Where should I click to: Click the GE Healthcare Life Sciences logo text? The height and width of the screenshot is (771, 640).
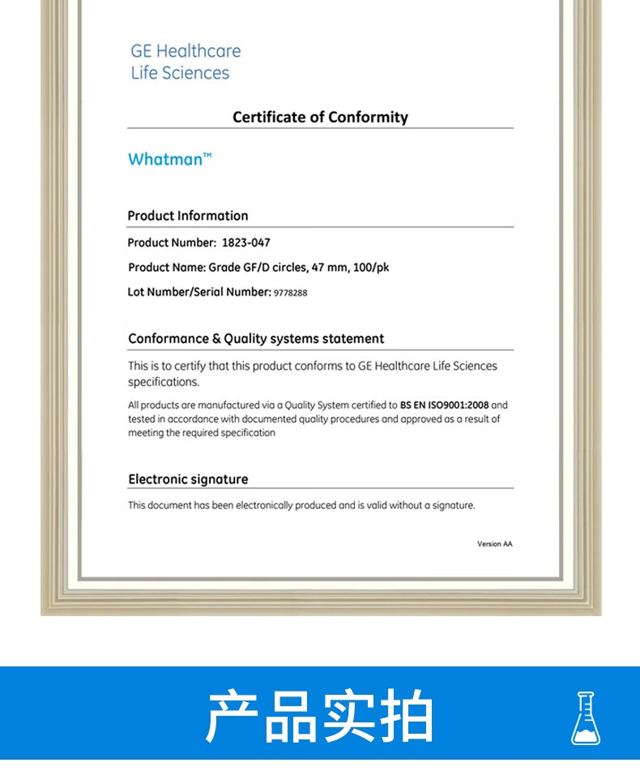coord(186,62)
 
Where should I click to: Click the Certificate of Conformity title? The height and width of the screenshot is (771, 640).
coord(320,117)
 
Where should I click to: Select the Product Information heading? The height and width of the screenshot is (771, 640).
coord(188,216)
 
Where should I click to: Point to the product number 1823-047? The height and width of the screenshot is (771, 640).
coord(246,242)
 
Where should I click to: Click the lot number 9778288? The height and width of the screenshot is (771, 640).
coord(291,293)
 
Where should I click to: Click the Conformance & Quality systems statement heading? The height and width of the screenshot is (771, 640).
coord(256,339)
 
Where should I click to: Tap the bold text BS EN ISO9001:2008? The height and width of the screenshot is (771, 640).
coord(444,405)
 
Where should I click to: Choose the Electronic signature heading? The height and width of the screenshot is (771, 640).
coord(188,479)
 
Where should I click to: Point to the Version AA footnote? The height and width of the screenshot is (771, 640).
coord(494,544)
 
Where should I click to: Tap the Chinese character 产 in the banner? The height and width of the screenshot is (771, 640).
coord(233,717)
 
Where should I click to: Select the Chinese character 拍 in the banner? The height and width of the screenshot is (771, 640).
coord(406,717)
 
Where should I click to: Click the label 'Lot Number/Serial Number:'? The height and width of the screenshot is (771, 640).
coord(198,292)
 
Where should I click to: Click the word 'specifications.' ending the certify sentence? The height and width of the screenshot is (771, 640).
coord(163,382)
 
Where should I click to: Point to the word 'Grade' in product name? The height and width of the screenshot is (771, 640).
coord(224,268)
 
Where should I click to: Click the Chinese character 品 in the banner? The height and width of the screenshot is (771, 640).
coord(291,717)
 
